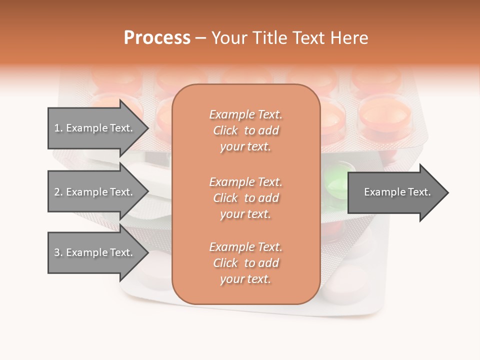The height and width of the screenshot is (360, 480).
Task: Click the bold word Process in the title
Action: point(157,38)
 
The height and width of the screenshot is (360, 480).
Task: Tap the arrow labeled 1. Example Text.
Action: point(95,128)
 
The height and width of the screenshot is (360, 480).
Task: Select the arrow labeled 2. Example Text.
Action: point(95,192)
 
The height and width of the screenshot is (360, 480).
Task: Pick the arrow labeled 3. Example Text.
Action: point(95,252)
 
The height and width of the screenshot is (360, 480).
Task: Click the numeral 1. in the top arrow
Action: point(58,128)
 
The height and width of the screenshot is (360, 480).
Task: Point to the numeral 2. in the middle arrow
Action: point(58,192)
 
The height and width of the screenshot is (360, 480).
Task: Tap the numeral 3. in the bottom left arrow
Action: point(58,252)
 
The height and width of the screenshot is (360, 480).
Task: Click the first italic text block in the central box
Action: point(245,130)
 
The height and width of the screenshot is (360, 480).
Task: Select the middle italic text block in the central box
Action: point(245,197)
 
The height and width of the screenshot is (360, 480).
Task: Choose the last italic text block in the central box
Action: point(245,263)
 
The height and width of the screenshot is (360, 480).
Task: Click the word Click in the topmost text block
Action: point(225,131)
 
